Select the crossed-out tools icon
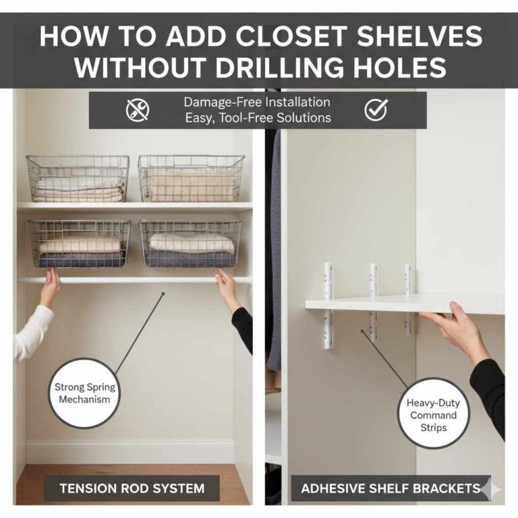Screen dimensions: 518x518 pyautogui.click(x=138, y=110)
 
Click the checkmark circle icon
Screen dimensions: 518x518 pyautogui.click(x=376, y=109)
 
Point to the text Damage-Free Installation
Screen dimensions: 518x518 pyautogui.click(x=257, y=103)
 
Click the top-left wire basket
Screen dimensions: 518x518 pyautogui.click(x=78, y=179)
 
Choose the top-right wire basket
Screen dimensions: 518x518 pyautogui.click(x=192, y=178)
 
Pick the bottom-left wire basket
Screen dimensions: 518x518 pyautogui.click(x=80, y=243)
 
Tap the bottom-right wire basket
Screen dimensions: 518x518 pyautogui.click(x=190, y=243)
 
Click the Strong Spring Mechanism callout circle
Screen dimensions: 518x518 pyautogui.click(x=85, y=393)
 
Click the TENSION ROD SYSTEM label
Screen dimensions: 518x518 pyautogui.click(x=132, y=488)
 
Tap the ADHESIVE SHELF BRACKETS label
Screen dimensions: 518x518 pyautogui.click(x=391, y=488)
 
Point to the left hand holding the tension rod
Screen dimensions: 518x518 pyautogui.click(x=49, y=287)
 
